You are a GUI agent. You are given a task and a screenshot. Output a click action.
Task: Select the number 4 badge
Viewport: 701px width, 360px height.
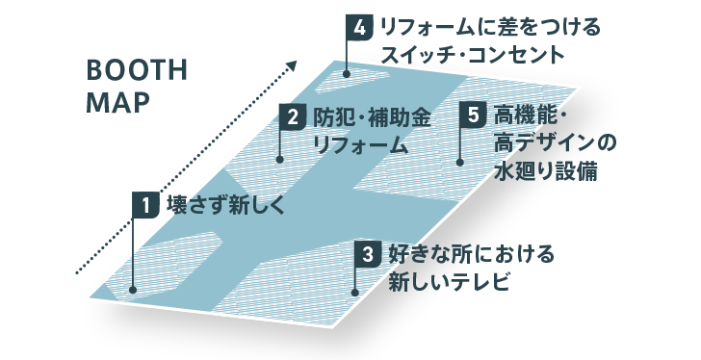pos(357,27)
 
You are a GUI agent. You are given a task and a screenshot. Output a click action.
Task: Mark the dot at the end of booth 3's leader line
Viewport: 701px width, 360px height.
pos(356,292)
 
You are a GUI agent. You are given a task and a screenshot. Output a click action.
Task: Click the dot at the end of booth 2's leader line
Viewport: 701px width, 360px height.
pos(279,159)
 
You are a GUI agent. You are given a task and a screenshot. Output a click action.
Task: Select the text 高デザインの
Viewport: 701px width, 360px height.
pos(554,144)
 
